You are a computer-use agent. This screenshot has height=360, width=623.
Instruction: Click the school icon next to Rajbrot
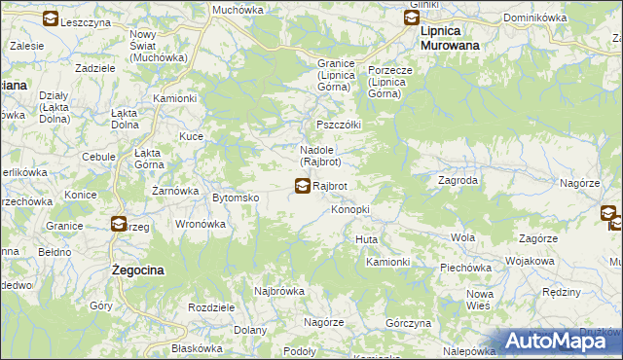303,185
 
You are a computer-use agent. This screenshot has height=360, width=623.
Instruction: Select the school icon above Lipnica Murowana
410,17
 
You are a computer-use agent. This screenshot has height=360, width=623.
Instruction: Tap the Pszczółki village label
339,126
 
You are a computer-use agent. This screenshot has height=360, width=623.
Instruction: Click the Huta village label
367,239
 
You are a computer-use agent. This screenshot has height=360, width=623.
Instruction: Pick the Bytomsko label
235,198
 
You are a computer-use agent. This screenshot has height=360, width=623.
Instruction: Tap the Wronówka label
201,223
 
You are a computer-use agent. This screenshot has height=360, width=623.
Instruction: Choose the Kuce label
190,137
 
